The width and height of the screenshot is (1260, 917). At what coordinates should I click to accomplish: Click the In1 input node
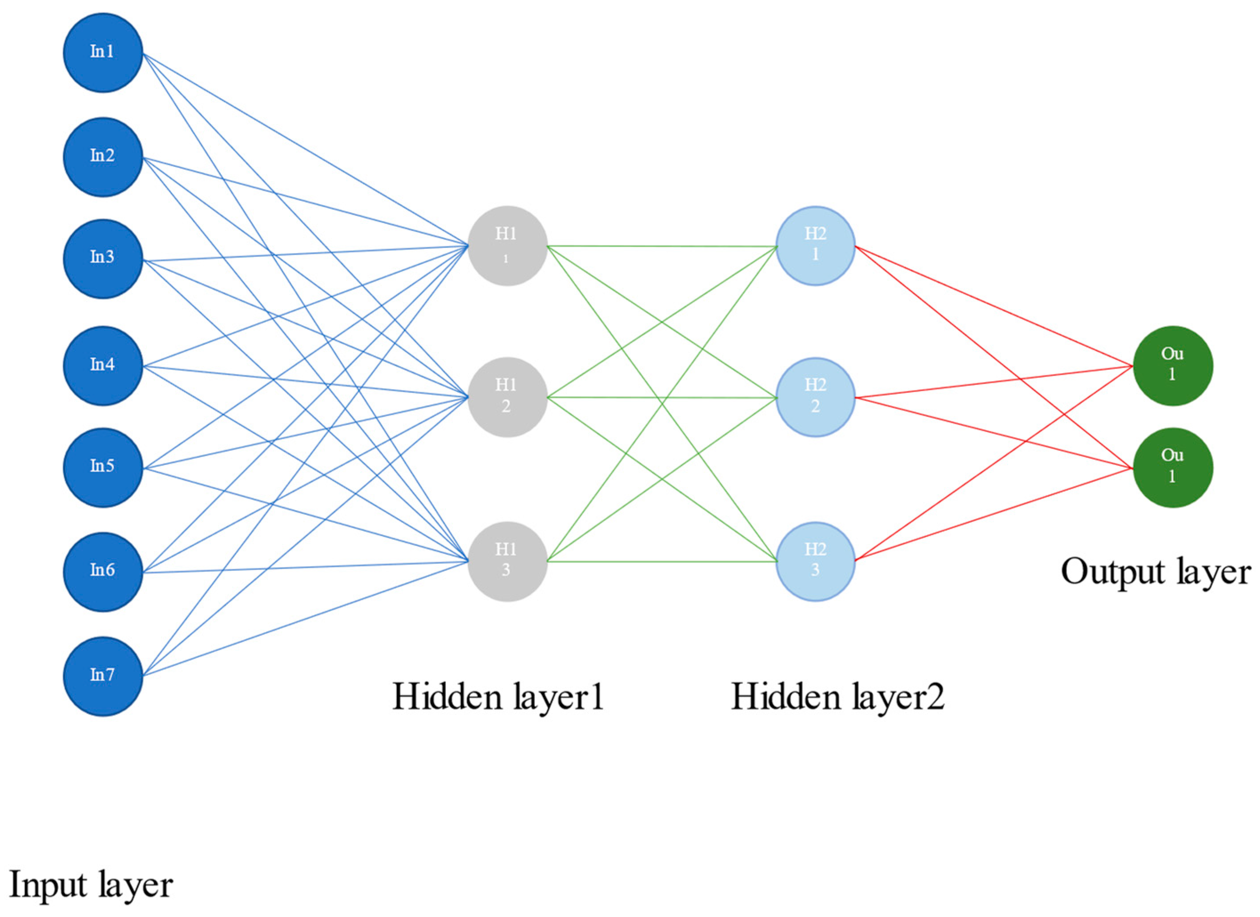click(x=103, y=53)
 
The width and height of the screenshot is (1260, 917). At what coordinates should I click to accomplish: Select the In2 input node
click(x=103, y=157)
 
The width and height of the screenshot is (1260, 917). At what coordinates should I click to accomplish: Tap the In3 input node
click(x=103, y=259)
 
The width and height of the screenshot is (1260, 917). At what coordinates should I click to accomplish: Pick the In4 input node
click(x=103, y=366)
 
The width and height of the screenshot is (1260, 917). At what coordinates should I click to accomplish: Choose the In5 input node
click(x=103, y=467)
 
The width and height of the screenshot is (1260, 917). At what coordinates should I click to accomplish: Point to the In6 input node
click(x=103, y=571)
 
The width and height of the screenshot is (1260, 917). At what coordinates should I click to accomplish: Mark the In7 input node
click(x=103, y=676)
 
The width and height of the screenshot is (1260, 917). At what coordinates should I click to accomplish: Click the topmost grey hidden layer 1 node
click(x=507, y=245)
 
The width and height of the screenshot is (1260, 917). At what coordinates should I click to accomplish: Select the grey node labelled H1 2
click(x=507, y=397)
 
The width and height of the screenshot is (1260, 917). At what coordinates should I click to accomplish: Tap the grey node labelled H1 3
click(x=507, y=561)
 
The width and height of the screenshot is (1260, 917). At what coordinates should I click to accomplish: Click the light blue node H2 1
click(x=815, y=245)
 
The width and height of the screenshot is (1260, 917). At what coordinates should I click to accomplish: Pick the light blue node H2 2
click(x=815, y=397)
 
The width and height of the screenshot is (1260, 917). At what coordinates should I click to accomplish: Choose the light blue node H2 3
click(x=815, y=561)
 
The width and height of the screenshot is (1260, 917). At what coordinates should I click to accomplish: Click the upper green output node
click(x=1172, y=366)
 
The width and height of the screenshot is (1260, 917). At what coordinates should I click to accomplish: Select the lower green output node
click(x=1172, y=467)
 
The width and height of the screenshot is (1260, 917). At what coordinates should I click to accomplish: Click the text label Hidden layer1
click(x=498, y=696)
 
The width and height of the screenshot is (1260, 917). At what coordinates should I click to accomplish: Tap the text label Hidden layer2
click(x=837, y=696)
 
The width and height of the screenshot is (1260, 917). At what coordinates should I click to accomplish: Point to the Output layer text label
click(x=1155, y=572)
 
